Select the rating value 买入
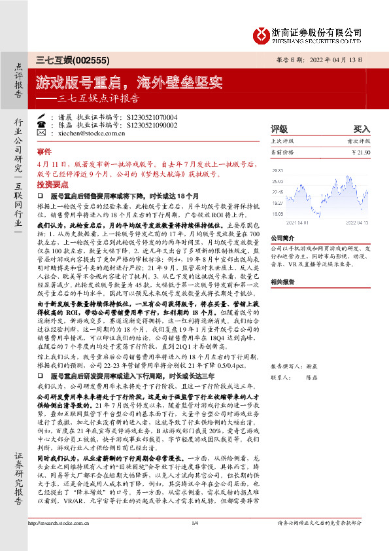click(362, 130)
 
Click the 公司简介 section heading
click(282, 238)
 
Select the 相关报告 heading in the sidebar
click(282, 281)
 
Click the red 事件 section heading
click(44, 151)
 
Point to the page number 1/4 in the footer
click(194, 541)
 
